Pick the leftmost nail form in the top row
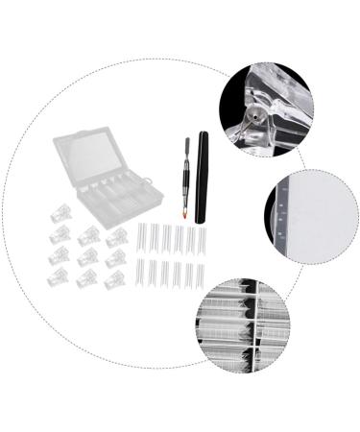pyautogui.click(x=142, y=239)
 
